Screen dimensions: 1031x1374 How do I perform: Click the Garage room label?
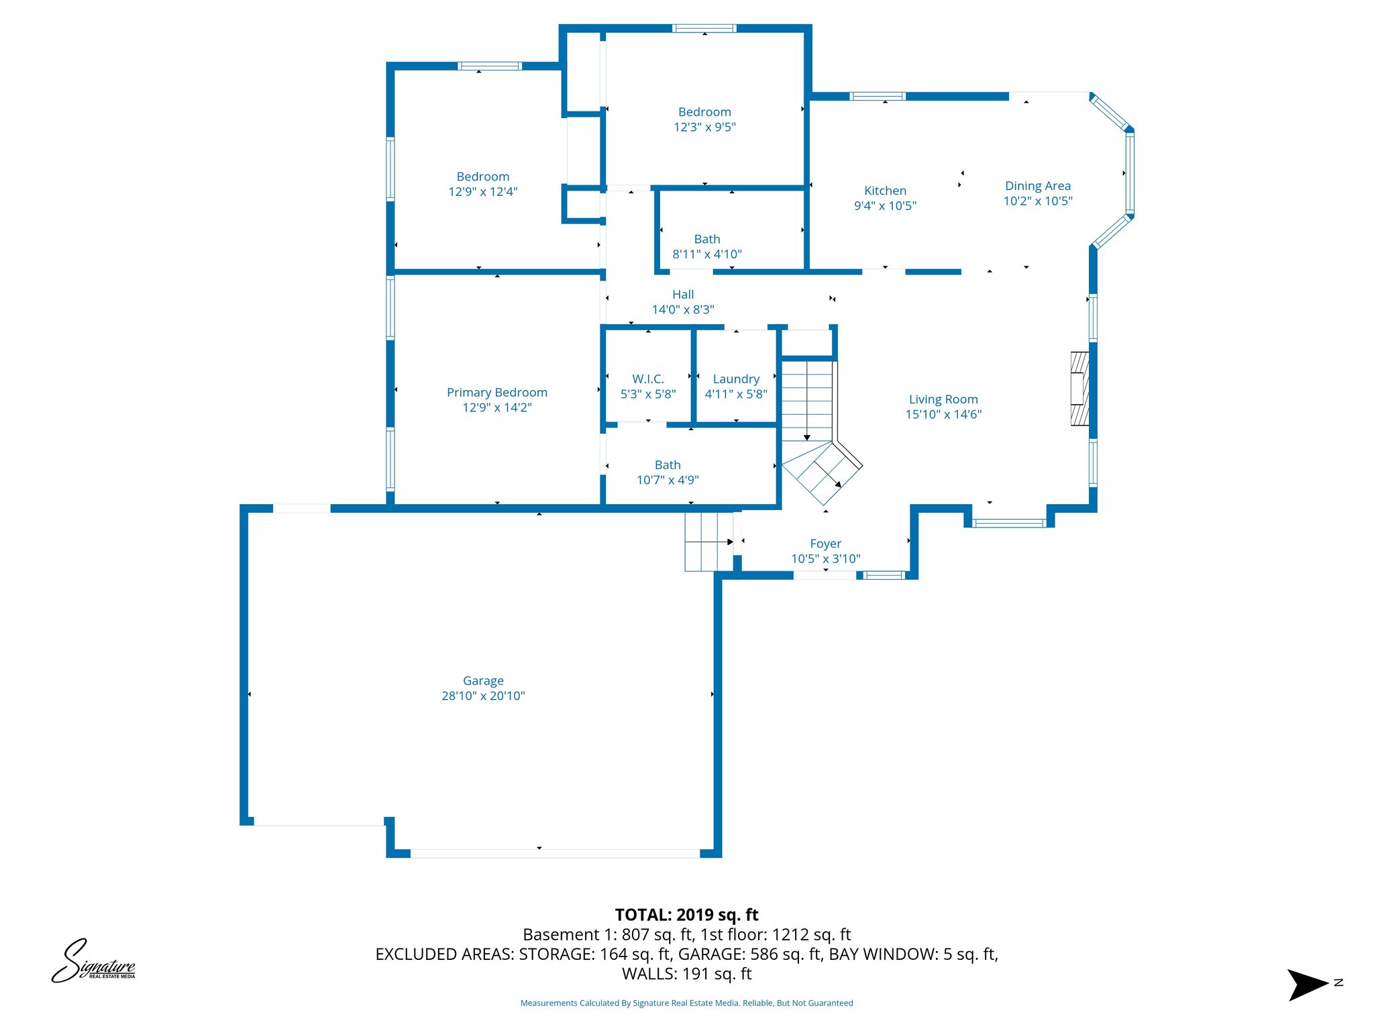pos(482,681)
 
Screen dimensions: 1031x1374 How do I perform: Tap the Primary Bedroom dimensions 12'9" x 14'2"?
pos(496,407)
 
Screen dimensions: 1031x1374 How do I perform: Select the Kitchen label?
pos(884,191)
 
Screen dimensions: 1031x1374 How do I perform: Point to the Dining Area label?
pos(1037,186)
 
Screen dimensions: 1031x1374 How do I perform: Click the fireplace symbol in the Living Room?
pos(1079,389)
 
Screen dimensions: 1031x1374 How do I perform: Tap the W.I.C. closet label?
pos(647,379)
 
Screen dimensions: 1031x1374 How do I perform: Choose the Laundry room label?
pos(735,379)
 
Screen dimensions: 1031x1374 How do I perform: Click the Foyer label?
pos(825,544)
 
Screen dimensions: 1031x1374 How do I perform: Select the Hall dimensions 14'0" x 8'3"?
pos(682,309)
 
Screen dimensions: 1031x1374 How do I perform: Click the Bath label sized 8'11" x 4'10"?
pos(706,239)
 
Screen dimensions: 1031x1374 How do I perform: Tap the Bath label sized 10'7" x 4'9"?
pos(667,464)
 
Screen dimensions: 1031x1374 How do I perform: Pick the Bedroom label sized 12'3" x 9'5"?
pos(704,112)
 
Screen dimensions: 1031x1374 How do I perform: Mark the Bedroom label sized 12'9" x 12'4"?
pos(482,177)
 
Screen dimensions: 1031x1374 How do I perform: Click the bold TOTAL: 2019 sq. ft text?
pos(686,914)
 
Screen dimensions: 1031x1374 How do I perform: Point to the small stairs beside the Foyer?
pos(708,542)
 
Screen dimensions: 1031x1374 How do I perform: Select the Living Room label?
pos(943,399)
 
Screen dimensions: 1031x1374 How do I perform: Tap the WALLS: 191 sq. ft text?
pos(686,973)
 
